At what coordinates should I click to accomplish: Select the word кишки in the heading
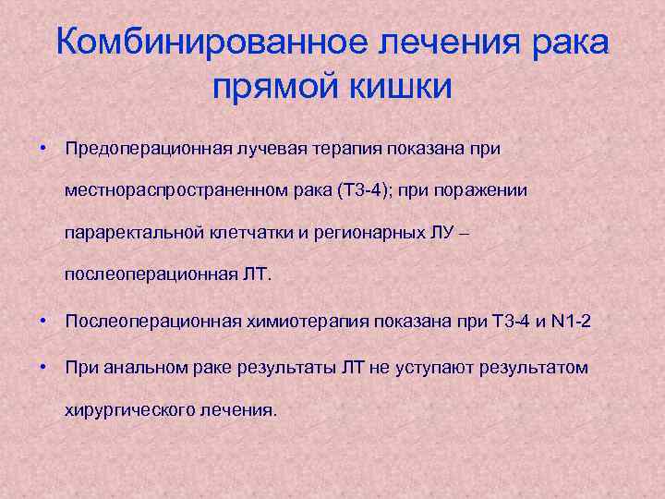point(401,89)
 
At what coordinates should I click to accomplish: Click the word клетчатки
point(249,233)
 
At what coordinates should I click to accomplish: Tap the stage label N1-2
point(571,323)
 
